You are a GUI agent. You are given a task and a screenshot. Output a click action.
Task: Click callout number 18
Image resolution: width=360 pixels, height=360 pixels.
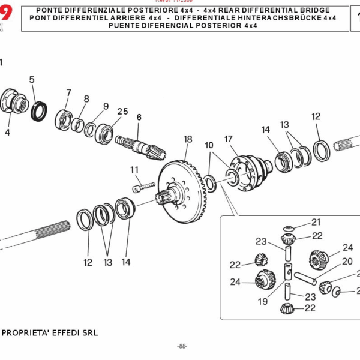tap(188, 139)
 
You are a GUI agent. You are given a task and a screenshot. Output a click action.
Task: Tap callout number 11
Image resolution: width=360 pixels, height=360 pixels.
tap(134, 170)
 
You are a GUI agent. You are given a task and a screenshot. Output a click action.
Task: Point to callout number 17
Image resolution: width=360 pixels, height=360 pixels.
tap(229, 139)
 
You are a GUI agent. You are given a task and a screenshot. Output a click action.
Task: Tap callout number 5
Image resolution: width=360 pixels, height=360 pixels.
tap(32, 79)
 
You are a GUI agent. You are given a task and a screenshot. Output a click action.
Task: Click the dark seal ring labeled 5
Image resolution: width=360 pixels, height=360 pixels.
tap(40, 111)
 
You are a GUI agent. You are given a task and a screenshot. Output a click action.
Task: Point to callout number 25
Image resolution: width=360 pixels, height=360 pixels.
tap(122, 112)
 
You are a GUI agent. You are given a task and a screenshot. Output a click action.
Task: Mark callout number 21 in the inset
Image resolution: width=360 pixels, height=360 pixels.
tap(316, 222)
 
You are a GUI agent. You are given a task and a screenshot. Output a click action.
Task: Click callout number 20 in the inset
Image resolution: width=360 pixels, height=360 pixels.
tap(347, 262)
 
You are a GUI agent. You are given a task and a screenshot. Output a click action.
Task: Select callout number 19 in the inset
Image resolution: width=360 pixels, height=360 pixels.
tap(263, 302)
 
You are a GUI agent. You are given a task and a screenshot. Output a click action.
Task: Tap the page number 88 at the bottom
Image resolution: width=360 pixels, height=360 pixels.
tap(182, 346)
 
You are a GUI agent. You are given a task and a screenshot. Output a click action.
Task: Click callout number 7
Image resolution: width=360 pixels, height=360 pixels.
tap(68, 93)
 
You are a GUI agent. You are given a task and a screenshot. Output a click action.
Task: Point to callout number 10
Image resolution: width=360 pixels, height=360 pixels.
tap(209, 146)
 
